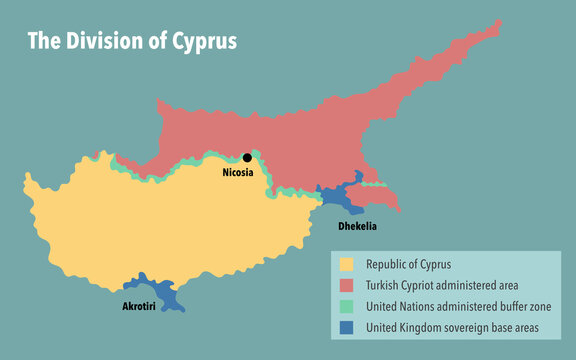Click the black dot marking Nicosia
(247, 157)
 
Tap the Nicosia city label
(238, 173)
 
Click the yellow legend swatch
(347, 265)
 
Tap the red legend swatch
(347, 285)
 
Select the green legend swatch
(347, 305)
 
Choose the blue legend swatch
(347, 326)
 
